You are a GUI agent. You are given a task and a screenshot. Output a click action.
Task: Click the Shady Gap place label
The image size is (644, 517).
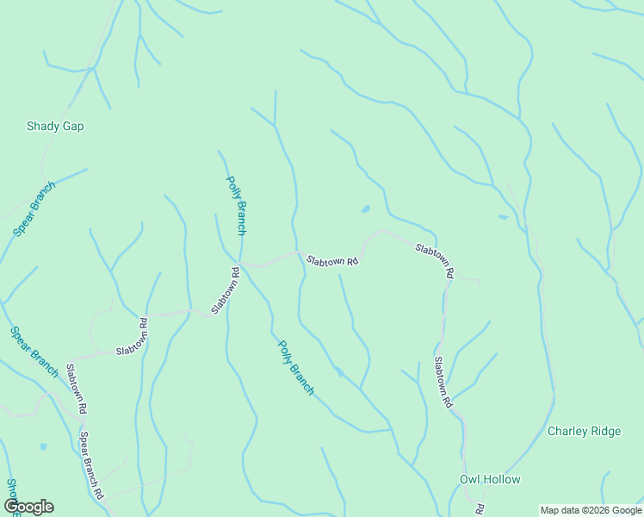55,126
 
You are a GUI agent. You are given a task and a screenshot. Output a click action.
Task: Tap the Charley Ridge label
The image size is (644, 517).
584,431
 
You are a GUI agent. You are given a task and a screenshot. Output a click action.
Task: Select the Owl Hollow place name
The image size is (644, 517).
489,479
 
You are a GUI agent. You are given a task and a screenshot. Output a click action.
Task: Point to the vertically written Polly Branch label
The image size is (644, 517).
236,206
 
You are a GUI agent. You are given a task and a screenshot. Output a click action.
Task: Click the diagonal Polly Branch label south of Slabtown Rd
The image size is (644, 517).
295,367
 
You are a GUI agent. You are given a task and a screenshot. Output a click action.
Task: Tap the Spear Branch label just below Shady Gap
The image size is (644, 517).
34,209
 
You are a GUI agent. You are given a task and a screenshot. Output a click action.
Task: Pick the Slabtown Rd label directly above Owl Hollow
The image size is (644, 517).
443,382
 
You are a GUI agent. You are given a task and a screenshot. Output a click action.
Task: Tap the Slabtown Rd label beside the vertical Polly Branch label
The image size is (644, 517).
226,290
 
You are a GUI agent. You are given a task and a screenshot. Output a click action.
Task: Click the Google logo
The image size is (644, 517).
28,507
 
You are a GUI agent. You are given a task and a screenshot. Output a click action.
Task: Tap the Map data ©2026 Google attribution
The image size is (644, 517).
591,510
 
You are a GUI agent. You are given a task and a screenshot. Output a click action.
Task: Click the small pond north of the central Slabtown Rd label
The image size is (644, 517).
366,209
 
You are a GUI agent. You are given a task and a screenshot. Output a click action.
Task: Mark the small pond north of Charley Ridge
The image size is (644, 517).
503,217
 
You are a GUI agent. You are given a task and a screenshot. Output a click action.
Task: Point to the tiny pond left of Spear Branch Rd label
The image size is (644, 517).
43,446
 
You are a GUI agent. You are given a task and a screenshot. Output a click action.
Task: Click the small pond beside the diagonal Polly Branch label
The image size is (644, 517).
338,371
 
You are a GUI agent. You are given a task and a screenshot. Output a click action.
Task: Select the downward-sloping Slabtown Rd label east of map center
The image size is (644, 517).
434,261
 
